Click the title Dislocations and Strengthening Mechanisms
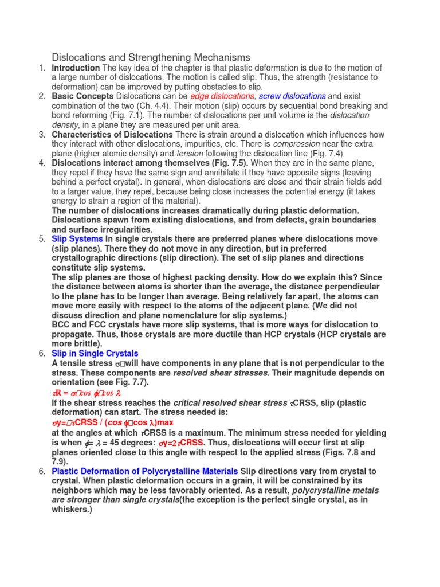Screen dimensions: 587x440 coord(151,57)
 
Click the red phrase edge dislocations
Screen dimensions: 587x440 coord(222,96)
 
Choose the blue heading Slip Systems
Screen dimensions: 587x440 coord(77,239)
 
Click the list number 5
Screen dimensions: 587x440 coord(42,239)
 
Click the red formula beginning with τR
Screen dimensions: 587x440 coord(84,393)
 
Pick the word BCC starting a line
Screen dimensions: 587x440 coord(61,324)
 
